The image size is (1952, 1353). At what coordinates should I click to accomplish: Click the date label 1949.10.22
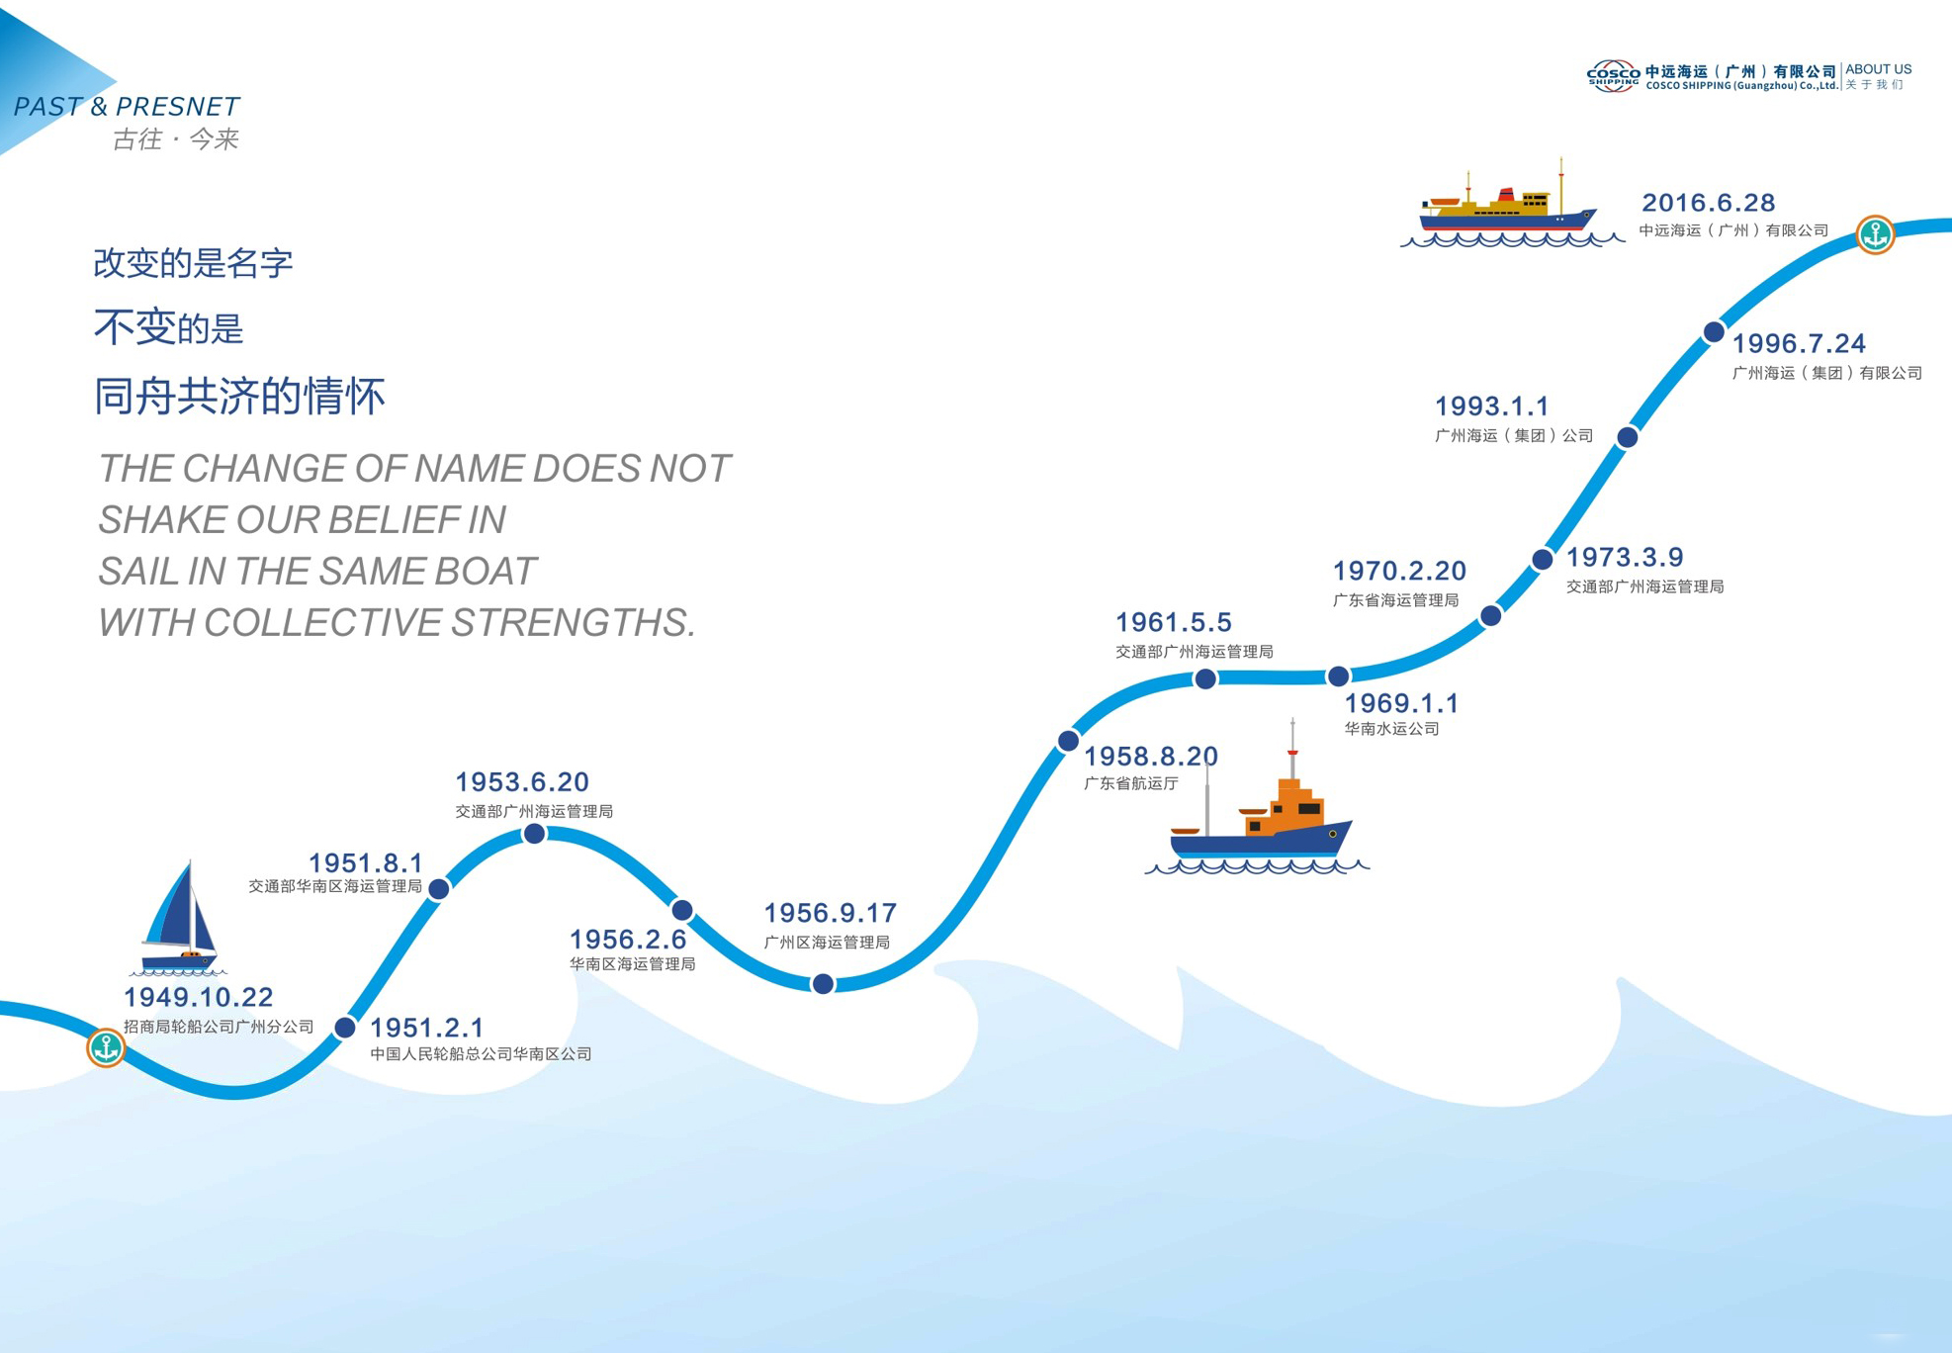point(198,997)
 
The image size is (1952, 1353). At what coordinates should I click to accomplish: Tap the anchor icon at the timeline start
point(106,1047)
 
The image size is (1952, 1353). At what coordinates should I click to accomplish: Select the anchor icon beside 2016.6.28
point(1875,234)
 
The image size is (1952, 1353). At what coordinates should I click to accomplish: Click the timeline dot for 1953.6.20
point(534,834)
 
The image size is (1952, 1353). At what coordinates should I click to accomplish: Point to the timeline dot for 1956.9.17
point(823,983)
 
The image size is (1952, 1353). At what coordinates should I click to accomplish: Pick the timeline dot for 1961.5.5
point(1205,678)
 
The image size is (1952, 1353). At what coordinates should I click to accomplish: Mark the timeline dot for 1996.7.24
point(1714,332)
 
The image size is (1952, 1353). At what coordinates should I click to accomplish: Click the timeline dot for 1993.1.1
point(1628,436)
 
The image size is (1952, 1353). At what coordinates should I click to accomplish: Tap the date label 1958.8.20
point(1151,757)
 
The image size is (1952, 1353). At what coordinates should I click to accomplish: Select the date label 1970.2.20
point(1399,571)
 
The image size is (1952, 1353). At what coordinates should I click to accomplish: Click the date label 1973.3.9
point(1625,557)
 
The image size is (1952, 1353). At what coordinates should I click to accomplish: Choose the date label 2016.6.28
point(1709,203)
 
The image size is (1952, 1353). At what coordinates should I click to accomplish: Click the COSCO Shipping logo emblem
point(1613,75)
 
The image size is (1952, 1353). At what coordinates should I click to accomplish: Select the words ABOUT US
point(1878,69)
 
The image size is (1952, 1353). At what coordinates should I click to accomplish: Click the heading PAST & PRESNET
point(127,106)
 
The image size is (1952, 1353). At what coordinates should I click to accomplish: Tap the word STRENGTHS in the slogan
point(574,622)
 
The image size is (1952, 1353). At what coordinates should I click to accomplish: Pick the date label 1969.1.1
point(1401,703)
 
